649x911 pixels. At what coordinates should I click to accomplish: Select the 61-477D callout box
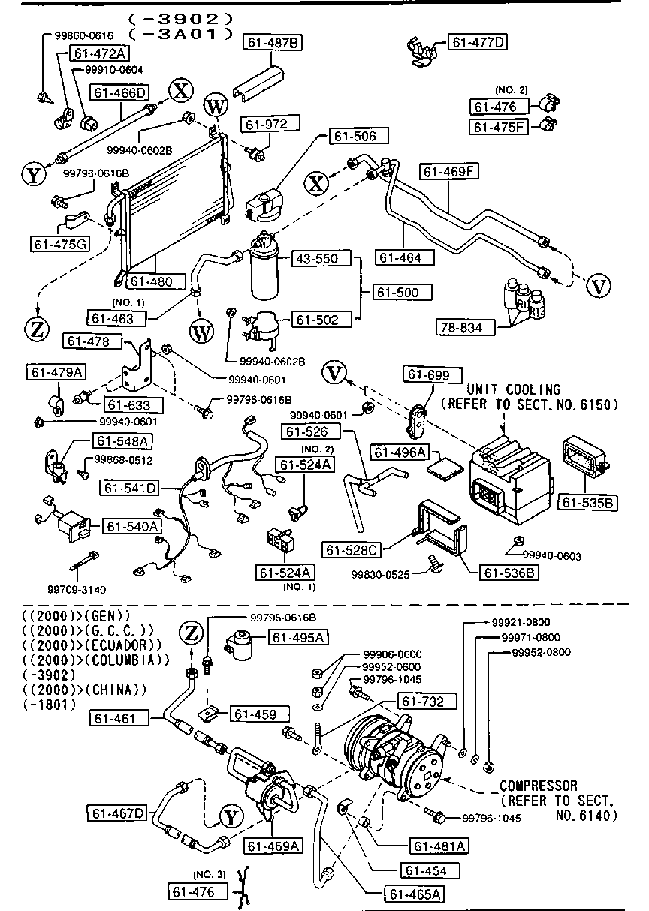pos(478,42)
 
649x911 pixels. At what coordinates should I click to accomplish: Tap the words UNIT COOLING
pos(514,389)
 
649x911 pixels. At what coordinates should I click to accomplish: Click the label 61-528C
pos(352,550)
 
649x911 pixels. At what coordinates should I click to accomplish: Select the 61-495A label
pos(298,637)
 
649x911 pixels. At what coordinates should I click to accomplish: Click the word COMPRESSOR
pos(538,786)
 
